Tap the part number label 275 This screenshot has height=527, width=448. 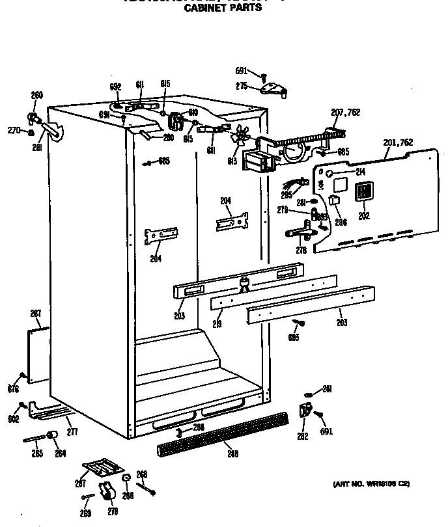click(242, 87)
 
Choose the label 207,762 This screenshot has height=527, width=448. click(345, 113)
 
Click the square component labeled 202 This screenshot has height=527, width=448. click(363, 192)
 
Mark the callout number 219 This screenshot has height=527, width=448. click(217, 323)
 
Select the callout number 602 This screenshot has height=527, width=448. click(13, 420)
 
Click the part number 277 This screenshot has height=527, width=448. click(72, 431)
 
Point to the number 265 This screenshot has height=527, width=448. click(37, 453)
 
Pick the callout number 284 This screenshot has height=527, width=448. click(197, 427)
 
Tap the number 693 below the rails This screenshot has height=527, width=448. click(294, 337)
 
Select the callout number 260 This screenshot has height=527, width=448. click(36, 96)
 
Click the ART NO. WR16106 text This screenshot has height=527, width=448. click(371, 483)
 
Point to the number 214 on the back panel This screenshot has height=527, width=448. click(360, 172)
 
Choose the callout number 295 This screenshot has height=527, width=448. click(287, 195)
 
